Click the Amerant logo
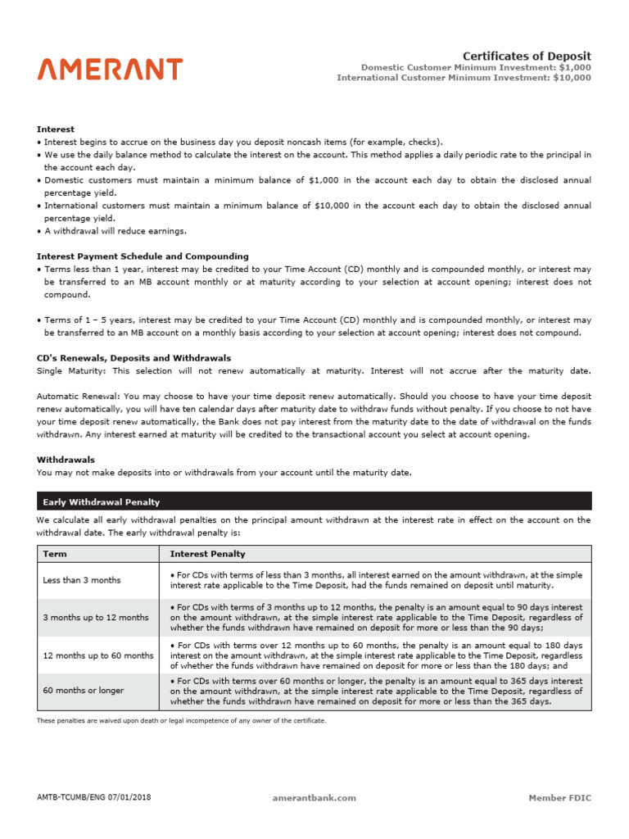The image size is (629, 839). [x=110, y=69]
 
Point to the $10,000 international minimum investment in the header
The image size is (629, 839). [x=572, y=78]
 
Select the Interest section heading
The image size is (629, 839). [x=56, y=129]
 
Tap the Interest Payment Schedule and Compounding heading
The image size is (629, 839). [x=143, y=256]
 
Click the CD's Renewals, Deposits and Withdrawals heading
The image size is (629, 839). [x=133, y=358]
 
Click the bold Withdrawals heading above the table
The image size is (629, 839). [x=66, y=460]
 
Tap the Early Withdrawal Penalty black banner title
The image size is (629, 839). [x=101, y=502]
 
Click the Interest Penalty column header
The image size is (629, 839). [x=207, y=555]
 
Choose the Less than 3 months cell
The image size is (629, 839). [x=82, y=580]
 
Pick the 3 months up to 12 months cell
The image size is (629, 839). [x=96, y=617]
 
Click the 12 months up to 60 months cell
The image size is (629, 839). [x=98, y=655]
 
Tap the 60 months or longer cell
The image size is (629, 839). [x=84, y=691]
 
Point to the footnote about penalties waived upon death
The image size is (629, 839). [x=181, y=721]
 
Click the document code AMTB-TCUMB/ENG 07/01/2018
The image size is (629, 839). [x=93, y=797]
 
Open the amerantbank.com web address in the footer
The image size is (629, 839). [x=314, y=797]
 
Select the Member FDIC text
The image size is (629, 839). [x=559, y=797]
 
